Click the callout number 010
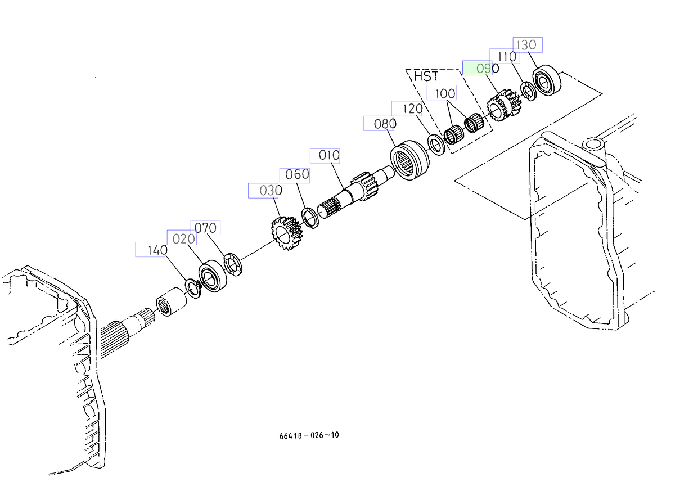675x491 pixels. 326,156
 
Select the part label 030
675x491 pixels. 264,191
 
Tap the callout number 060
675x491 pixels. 295,175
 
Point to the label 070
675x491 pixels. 205,228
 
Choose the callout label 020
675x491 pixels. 182,238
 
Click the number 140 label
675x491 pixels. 152,250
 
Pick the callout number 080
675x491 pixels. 380,124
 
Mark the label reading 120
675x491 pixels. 407,109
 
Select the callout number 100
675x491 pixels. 442,93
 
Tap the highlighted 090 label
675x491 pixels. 477,68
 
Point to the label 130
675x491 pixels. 527,45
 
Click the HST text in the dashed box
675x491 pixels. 426,76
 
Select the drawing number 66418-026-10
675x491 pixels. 309,435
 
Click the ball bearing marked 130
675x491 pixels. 545,80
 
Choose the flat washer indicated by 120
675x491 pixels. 435,144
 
